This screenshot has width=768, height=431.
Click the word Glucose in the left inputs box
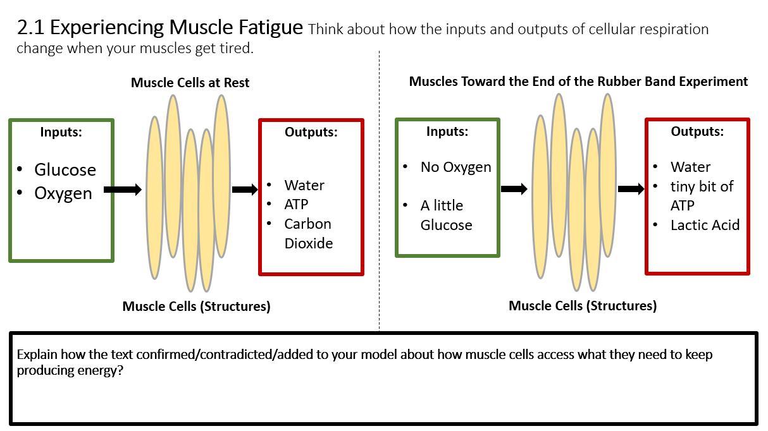coord(65,169)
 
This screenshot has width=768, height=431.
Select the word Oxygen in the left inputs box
coord(63,193)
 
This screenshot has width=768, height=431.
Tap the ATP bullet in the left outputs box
coord(296,204)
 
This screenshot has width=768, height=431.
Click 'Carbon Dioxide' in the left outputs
coord(308,233)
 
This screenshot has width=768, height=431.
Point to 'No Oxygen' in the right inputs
coord(455,167)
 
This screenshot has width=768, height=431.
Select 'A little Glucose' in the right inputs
coord(446,215)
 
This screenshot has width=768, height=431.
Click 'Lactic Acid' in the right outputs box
coord(705,225)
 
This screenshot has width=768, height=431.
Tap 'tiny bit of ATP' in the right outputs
coord(701,196)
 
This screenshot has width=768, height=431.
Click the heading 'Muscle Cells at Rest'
coord(190,82)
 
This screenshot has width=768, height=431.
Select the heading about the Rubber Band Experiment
coord(578,82)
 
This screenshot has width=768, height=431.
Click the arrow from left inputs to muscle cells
coord(123,189)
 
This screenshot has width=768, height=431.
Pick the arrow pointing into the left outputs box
coord(245,189)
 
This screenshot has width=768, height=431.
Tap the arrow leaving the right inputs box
coord(514,188)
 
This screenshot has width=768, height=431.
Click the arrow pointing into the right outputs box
coord(631,188)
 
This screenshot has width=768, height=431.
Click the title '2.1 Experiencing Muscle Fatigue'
coord(159,27)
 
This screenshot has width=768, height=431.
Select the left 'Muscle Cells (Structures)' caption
coord(196,307)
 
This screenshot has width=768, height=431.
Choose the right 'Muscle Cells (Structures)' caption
coord(582,306)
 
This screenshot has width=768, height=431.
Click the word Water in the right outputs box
coord(690,167)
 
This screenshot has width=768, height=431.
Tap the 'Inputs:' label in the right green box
coord(447,131)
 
